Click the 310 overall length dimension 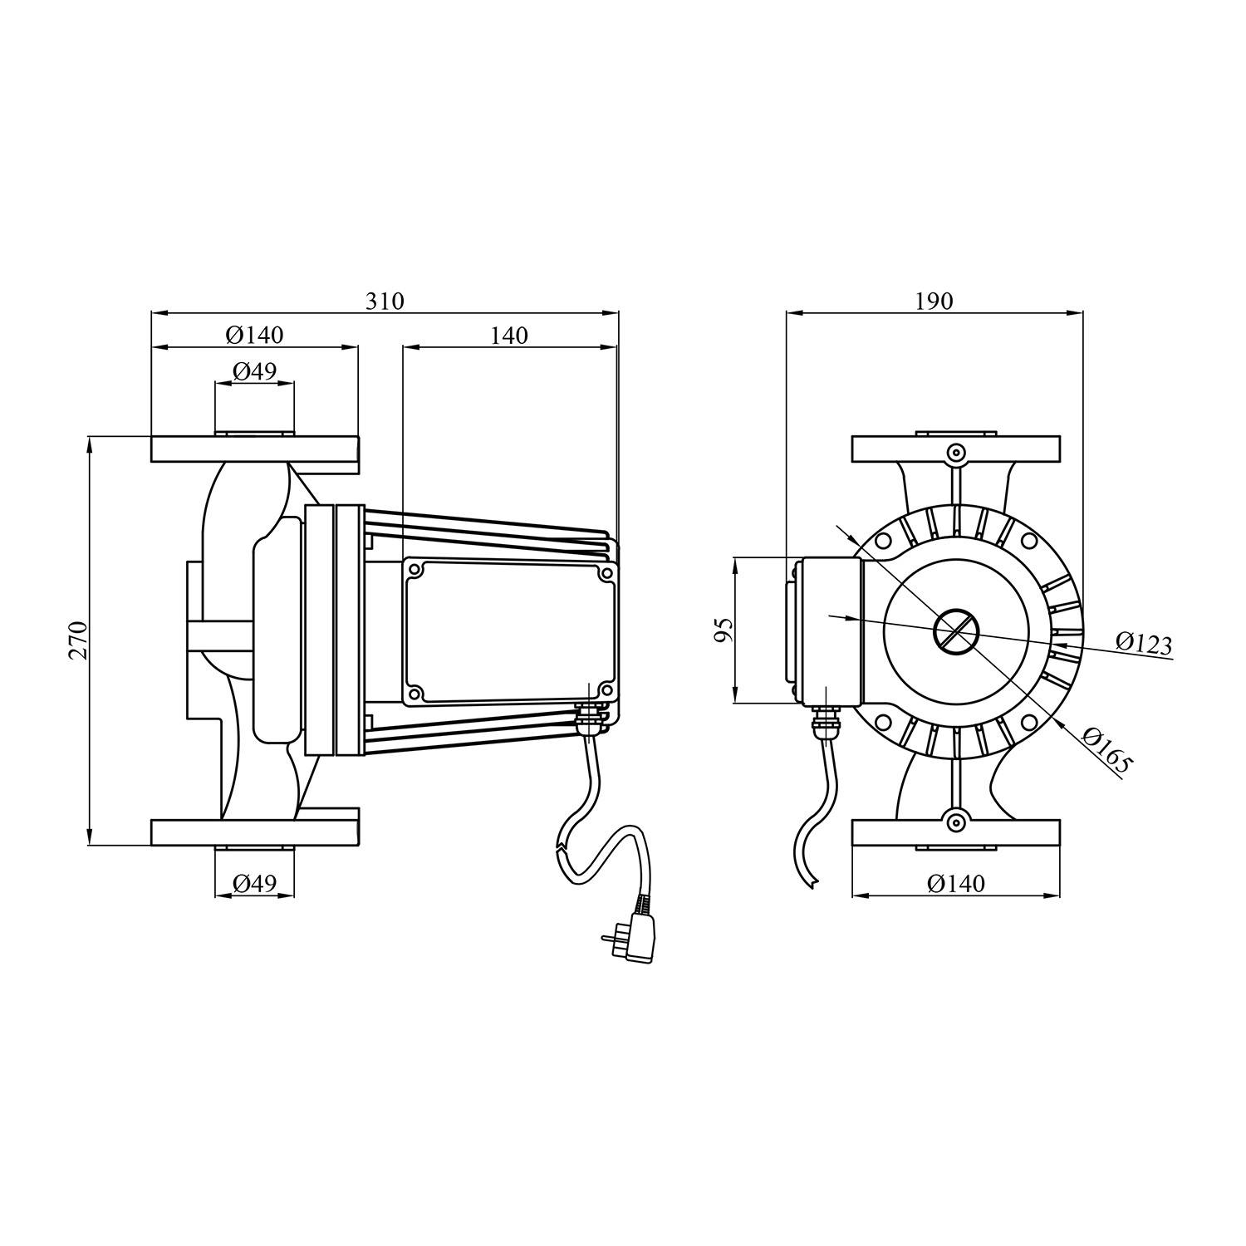[385, 301]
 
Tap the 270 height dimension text [77, 640]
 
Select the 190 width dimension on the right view [934, 301]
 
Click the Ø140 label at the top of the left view [254, 335]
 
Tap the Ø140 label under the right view [956, 883]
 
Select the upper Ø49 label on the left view [254, 370]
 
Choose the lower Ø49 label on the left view [254, 883]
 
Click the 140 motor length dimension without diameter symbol [509, 335]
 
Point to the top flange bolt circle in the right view [956, 454]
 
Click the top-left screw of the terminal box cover [416, 571]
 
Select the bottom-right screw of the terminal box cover [606, 690]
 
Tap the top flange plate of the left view [254, 449]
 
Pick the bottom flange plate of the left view [254, 832]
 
